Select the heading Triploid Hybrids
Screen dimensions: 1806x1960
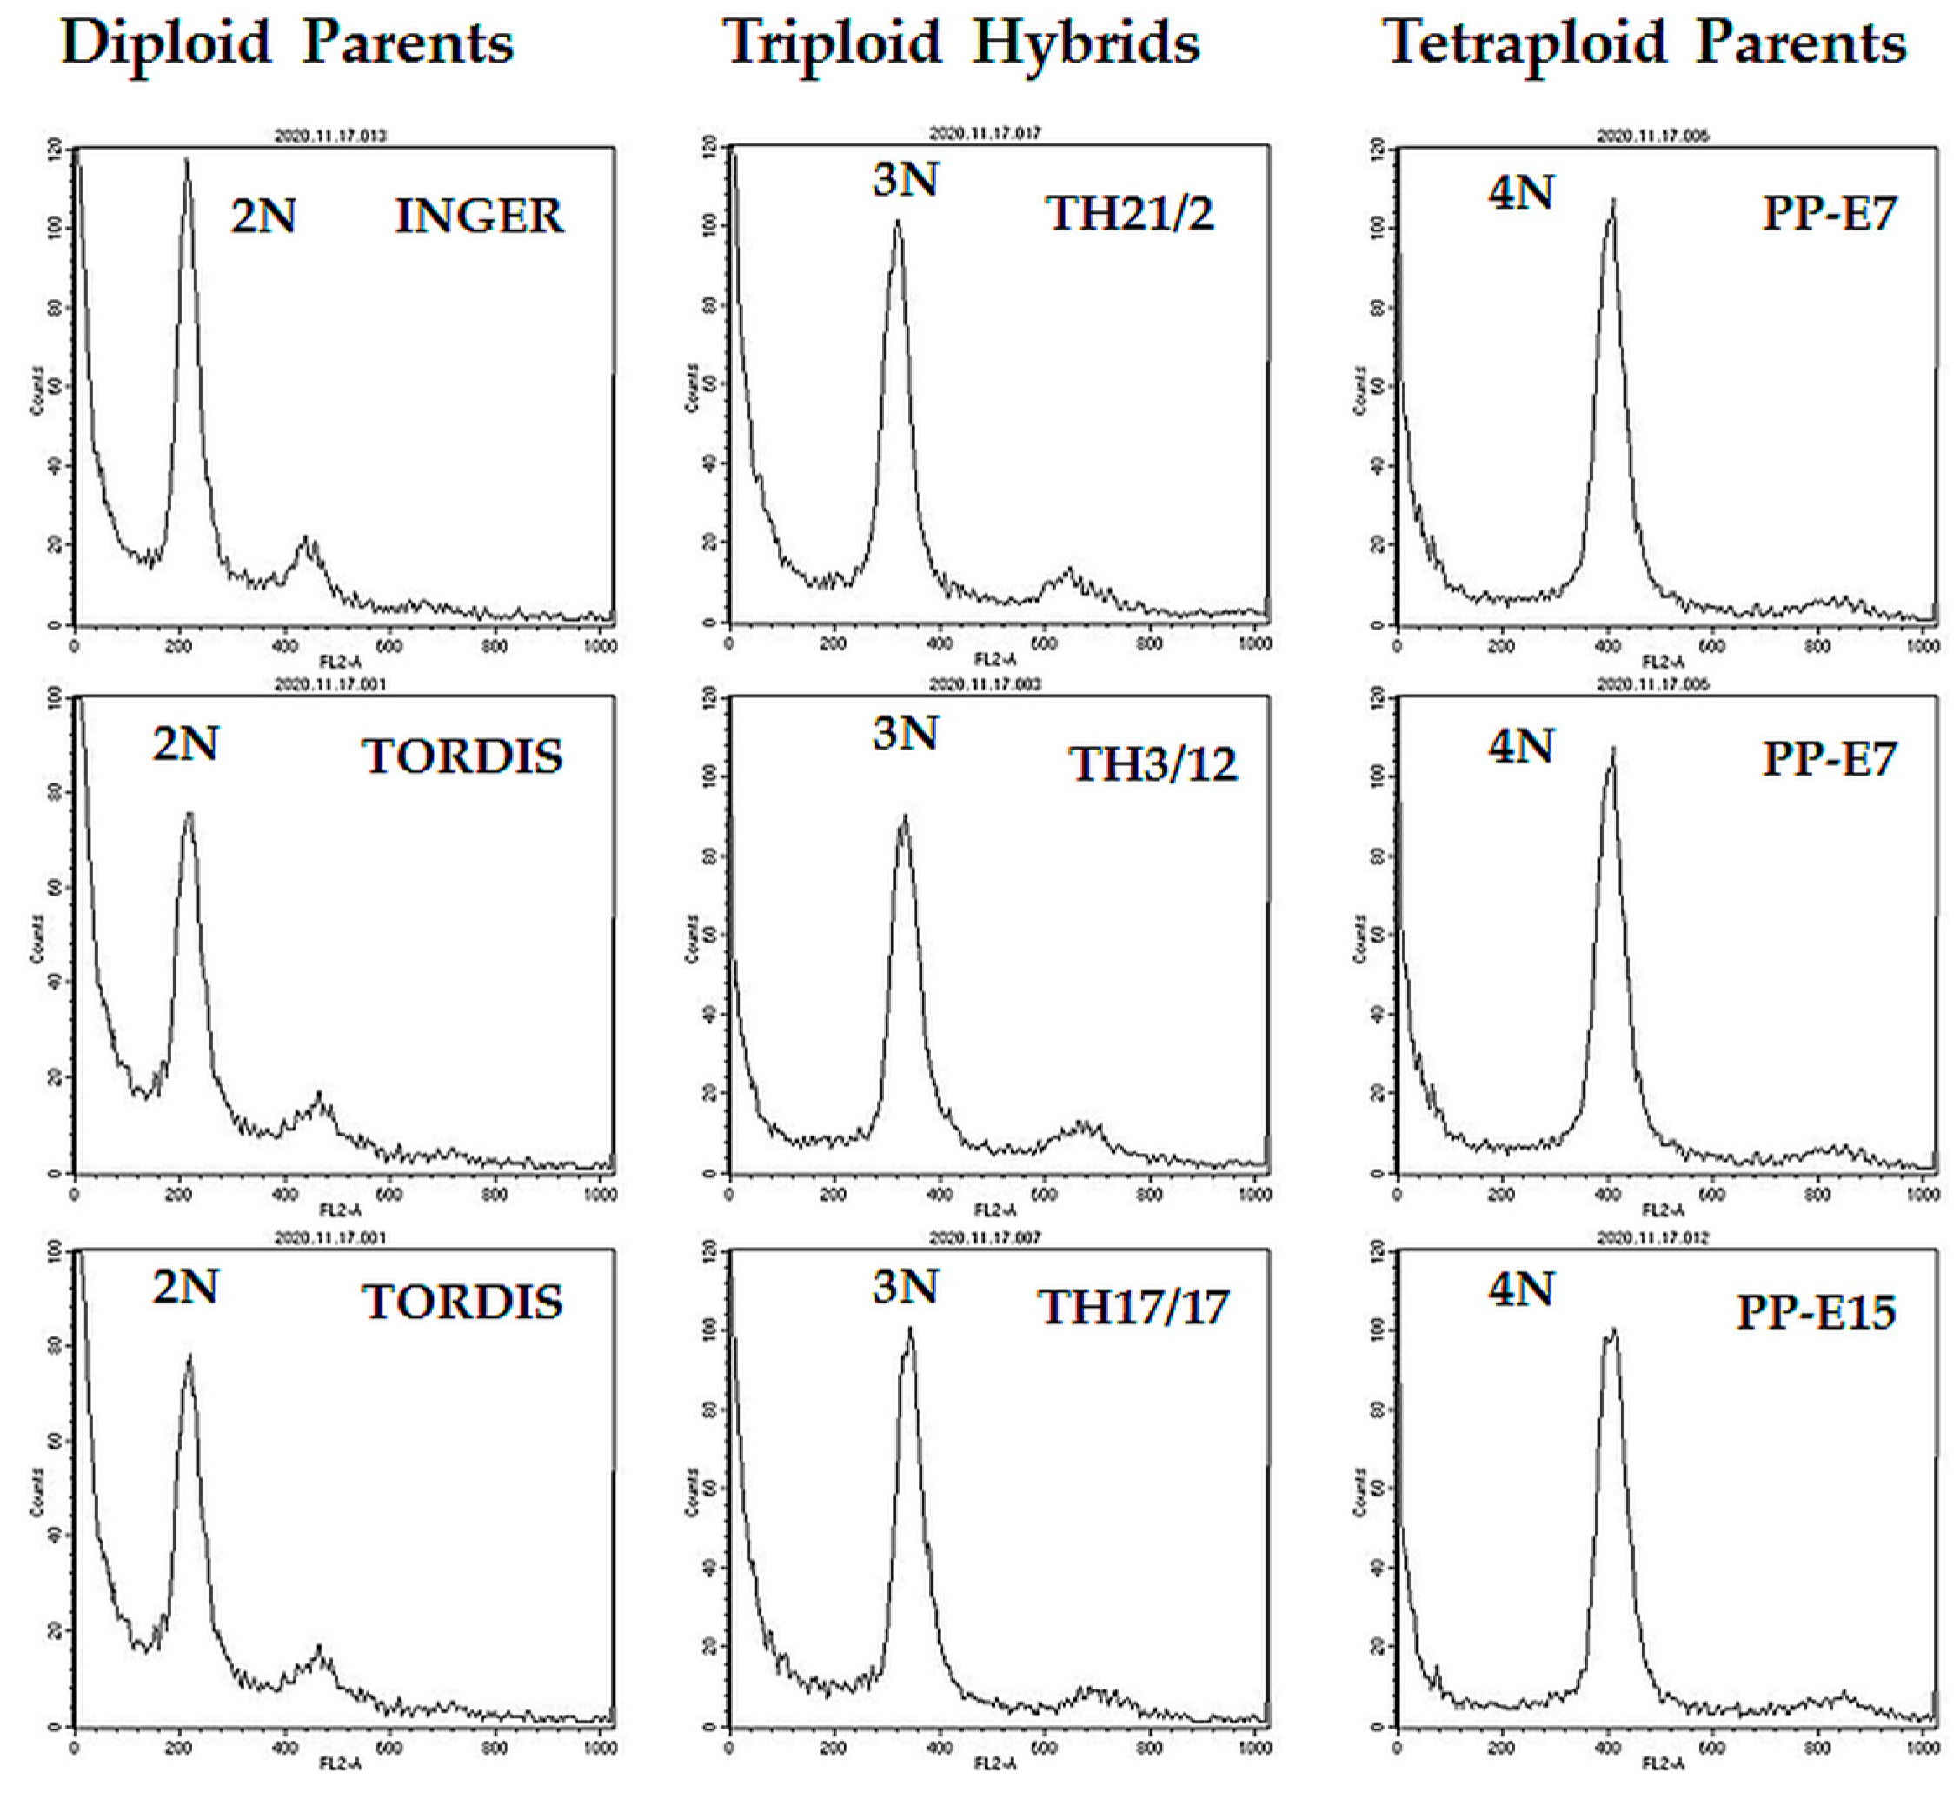961,44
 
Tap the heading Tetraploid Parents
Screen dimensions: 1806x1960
1644,44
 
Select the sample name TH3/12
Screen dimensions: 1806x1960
1153,764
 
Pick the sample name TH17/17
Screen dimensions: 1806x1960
1133,1308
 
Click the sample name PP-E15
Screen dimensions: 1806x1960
1816,1312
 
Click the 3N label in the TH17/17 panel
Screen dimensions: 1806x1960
905,1287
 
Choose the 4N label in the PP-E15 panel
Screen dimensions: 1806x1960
1520,1291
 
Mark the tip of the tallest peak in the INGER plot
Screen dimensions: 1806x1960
187,160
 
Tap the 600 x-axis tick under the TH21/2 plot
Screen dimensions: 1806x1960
1045,644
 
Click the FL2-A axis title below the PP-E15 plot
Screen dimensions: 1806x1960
1662,1764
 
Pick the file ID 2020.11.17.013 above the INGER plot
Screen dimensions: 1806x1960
329,136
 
